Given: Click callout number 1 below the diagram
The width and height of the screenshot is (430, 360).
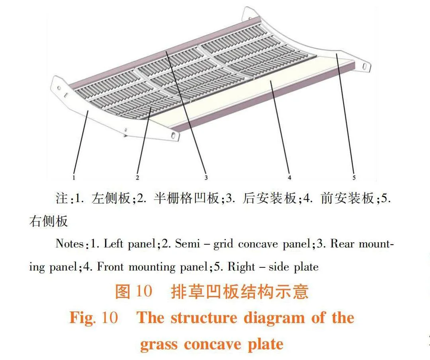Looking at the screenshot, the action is [x=74, y=178].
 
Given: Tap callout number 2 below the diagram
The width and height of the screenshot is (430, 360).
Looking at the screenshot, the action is [x=137, y=177].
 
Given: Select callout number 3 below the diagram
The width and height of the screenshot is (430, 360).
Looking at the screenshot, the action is [x=206, y=177].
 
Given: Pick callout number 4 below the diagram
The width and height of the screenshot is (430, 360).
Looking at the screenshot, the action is [x=289, y=177].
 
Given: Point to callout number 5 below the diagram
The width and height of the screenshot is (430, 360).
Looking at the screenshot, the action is [x=354, y=177].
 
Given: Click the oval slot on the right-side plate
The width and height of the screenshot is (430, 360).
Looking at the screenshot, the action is [x=364, y=66].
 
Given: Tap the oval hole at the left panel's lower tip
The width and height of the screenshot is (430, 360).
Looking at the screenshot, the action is [x=174, y=134].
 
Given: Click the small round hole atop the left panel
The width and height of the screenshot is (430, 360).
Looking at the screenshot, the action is [x=59, y=88].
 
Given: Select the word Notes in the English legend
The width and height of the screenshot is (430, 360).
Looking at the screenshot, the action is [x=70, y=243].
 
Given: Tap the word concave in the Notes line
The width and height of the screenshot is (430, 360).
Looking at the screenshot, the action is [x=258, y=244].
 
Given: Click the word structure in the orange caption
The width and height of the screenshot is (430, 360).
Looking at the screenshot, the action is [x=204, y=318].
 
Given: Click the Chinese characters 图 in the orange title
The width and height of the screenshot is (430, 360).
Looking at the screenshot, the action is [x=122, y=291].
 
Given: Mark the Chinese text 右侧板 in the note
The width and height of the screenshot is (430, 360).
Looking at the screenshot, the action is [x=48, y=221].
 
